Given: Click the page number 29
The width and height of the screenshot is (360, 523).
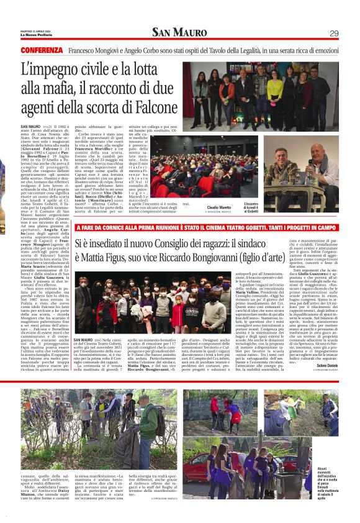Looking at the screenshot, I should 333,33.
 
